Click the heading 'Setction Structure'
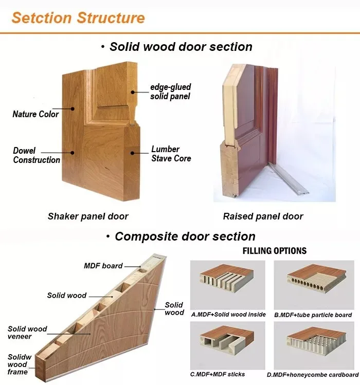click(78, 17)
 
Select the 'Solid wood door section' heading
click(181, 47)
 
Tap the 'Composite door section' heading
click(185, 236)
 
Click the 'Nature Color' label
click(35, 114)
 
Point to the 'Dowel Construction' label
click(37, 155)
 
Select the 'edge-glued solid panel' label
click(170, 92)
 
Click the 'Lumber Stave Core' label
click(171, 154)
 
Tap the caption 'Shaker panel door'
click(88, 216)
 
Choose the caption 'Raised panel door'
click(263, 216)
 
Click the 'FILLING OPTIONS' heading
click(274, 251)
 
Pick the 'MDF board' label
click(103, 266)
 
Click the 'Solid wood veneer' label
click(27, 333)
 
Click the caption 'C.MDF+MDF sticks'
click(218, 374)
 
